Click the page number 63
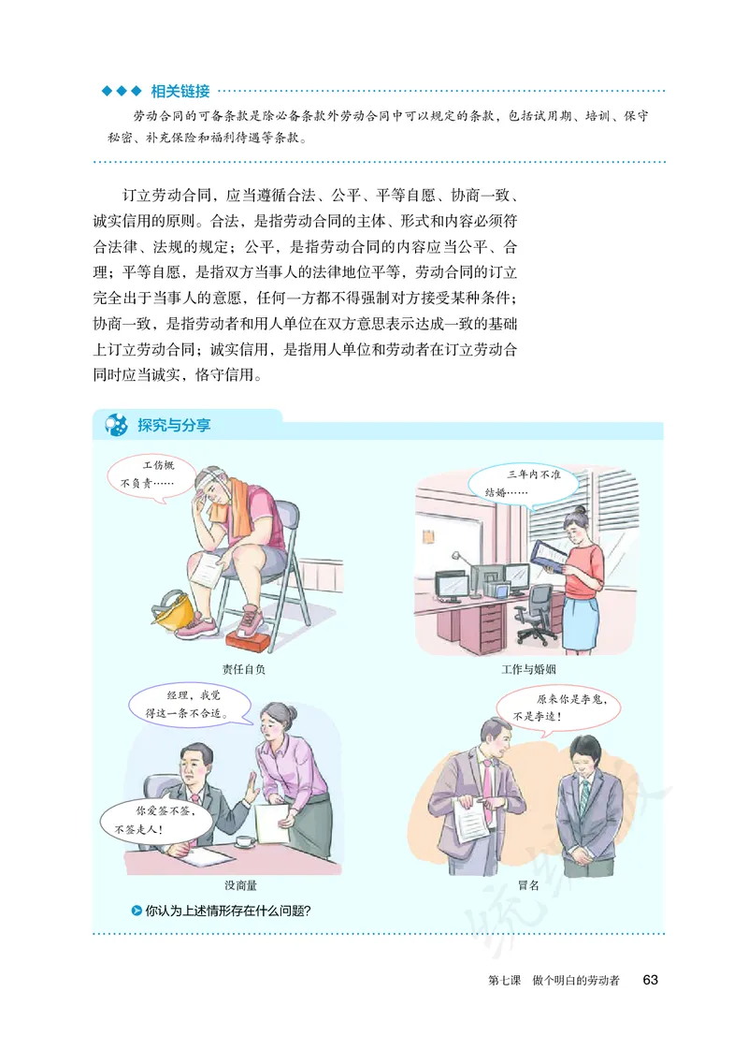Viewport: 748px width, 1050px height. click(651, 980)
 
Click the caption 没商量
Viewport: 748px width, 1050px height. click(240, 884)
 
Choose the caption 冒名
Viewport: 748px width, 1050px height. click(528, 884)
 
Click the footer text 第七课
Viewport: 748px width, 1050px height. click(506, 981)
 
